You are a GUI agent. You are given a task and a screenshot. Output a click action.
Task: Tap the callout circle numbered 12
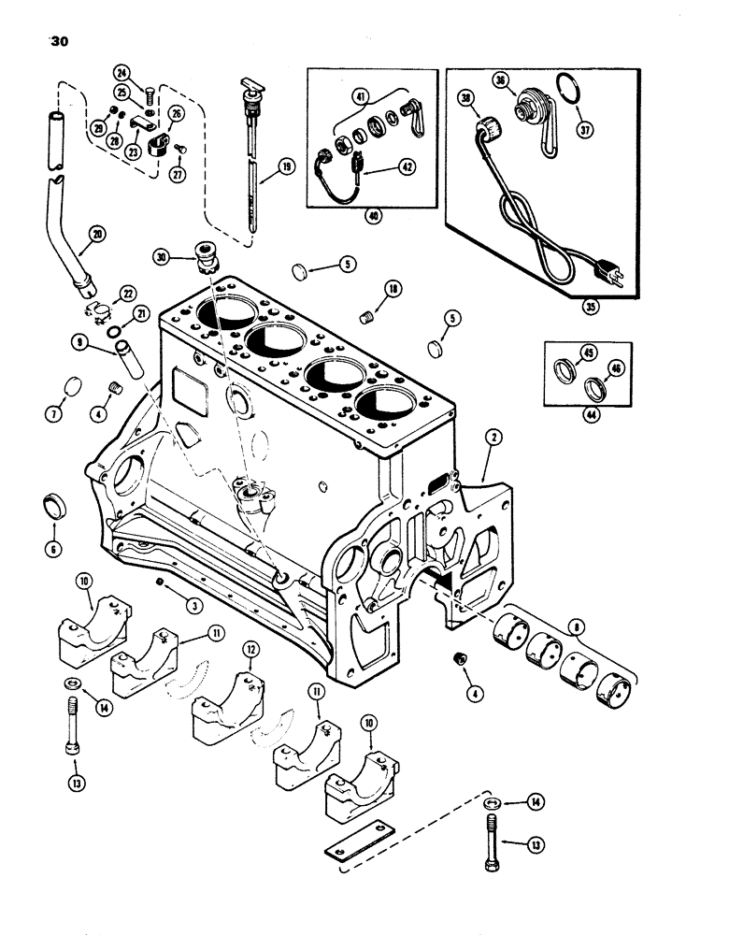point(250,648)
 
